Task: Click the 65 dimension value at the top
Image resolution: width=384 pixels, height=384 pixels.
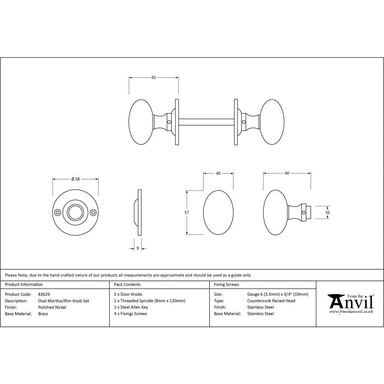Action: [154, 78]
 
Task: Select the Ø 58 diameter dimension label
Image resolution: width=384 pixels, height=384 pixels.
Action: [76, 179]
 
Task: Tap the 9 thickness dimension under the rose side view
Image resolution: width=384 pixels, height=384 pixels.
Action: [138, 248]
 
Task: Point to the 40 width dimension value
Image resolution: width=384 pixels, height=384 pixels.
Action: [218, 174]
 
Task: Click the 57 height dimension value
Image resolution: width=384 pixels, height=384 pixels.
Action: [187, 212]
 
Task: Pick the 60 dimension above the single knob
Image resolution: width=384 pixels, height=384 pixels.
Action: [287, 174]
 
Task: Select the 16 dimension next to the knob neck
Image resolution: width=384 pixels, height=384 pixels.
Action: [327, 212]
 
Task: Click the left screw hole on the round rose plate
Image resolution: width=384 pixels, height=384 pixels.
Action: [58, 212]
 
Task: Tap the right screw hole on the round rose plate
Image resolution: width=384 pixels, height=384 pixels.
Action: [93, 212]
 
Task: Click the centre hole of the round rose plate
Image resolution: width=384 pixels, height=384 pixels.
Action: [75, 212]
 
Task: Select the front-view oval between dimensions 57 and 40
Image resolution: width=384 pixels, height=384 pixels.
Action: [218, 212]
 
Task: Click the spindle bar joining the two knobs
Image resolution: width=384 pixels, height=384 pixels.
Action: [207, 122]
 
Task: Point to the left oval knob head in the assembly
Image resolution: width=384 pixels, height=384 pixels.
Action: [141, 122]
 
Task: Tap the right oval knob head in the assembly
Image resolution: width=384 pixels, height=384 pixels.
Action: [272, 122]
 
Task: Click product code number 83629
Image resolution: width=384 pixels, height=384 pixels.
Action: [44, 294]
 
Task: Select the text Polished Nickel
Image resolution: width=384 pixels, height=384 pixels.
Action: [52, 307]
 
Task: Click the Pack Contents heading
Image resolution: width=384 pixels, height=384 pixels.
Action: [127, 285]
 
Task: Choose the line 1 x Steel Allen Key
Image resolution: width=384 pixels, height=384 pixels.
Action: [131, 307]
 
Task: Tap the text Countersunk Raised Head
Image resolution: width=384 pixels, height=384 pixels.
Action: [271, 301]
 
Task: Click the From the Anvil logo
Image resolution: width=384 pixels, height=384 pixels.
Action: [350, 303]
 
